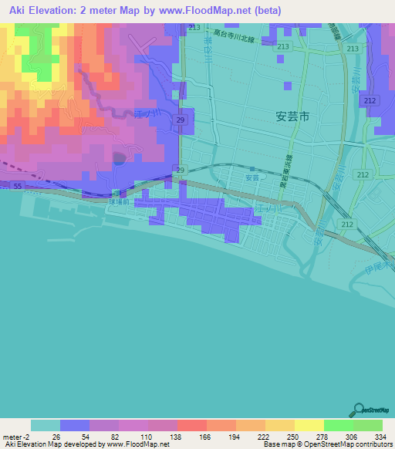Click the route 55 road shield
coord(18,186)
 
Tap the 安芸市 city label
coord(292,116)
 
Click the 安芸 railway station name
coord(253,178)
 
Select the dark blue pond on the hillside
coord(118,159)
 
